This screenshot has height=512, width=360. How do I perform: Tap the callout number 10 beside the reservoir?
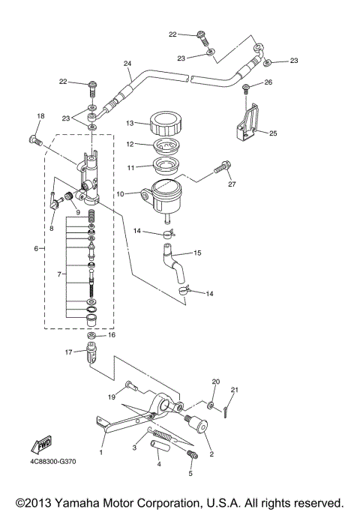pos(119,193)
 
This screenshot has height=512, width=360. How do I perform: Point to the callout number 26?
pos(268,82)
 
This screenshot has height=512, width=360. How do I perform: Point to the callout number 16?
pos(112,335)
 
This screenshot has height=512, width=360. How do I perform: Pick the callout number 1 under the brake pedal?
pos(101,453)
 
